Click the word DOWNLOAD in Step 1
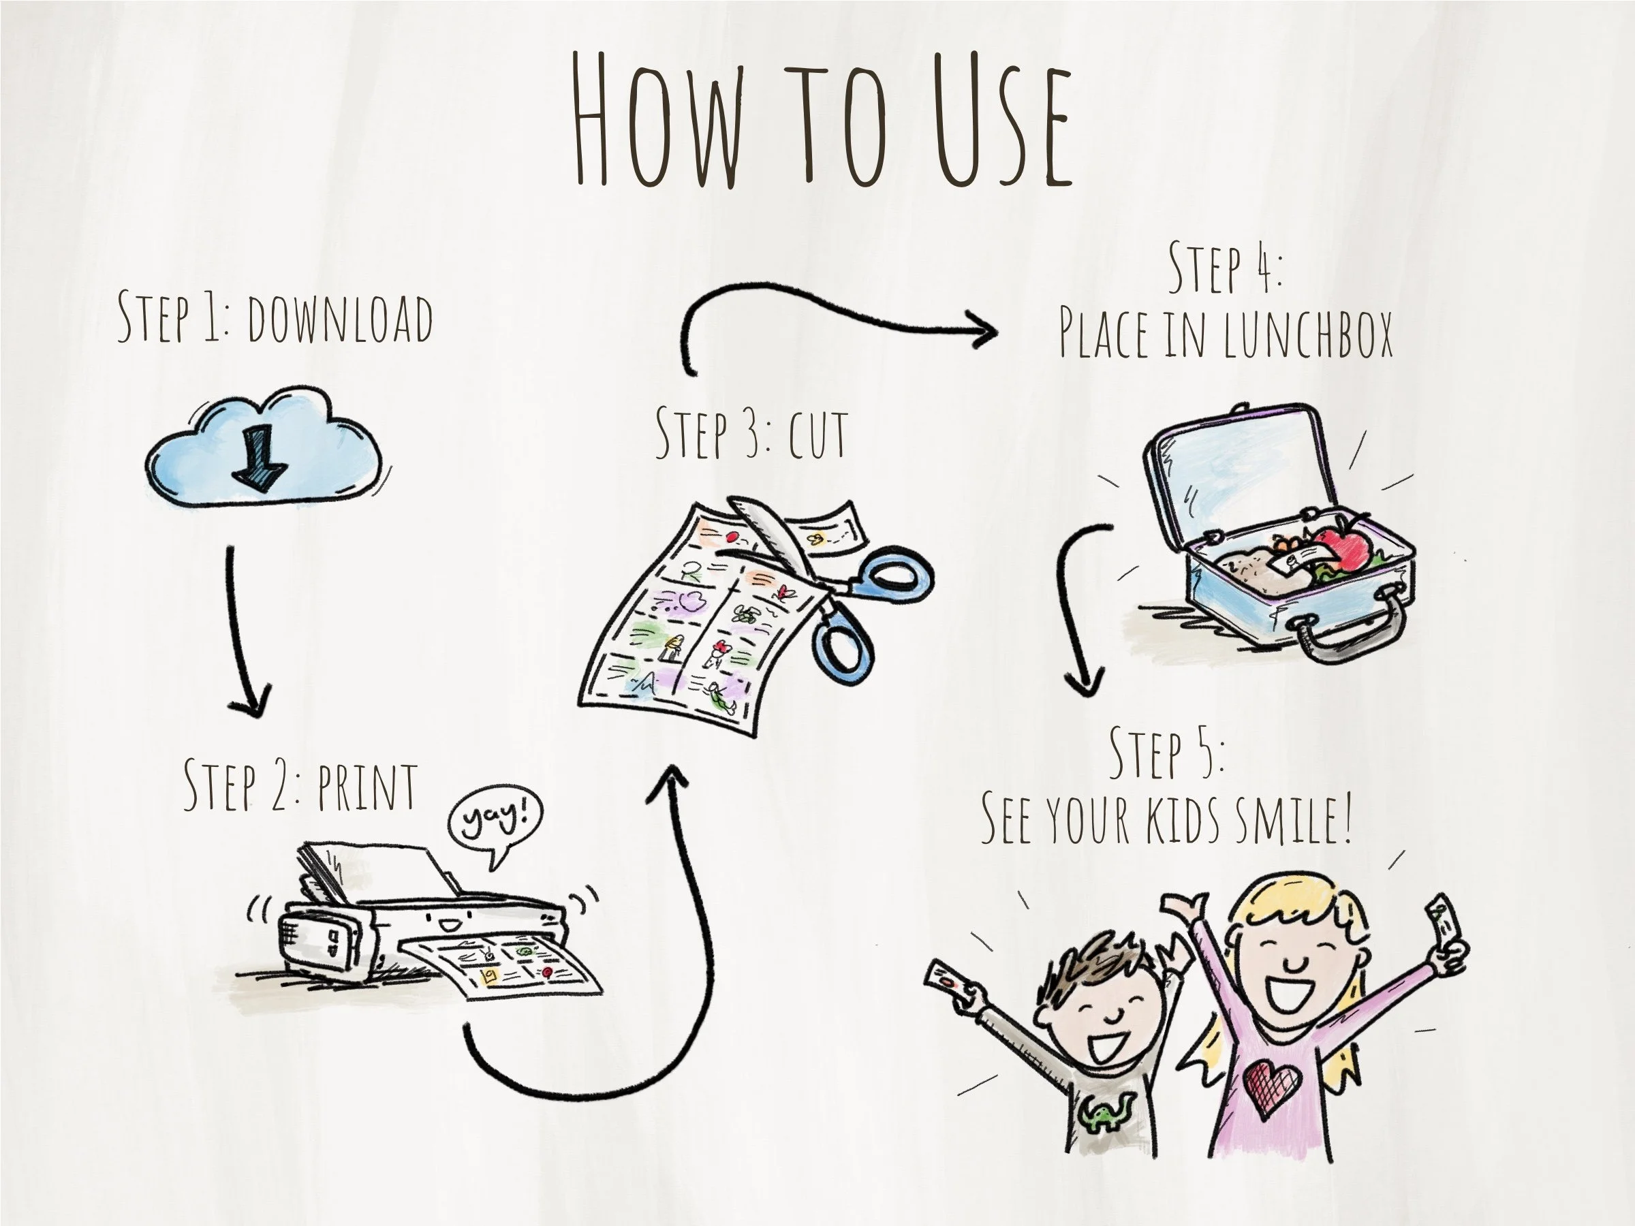[x=340, y=319]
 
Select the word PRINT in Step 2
[x=367, y=788]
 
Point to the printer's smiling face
[x=450, y=923]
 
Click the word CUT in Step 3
[x=817, y=435]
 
